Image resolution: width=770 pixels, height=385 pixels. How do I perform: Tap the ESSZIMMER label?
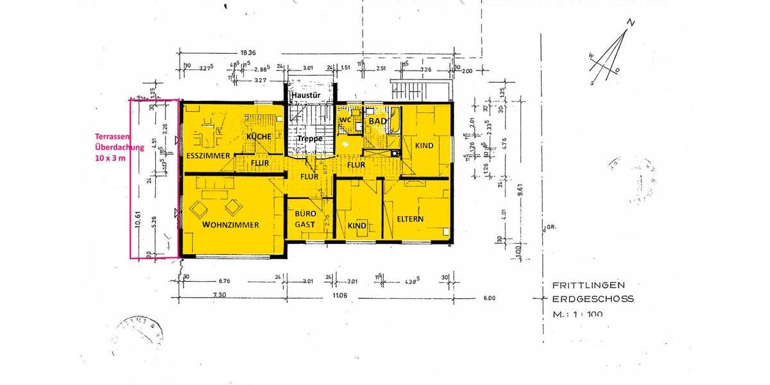point(209,156)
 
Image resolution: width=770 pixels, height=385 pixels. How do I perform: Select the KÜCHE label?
point(260,137)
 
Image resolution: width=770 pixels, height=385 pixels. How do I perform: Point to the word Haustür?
point(305,96)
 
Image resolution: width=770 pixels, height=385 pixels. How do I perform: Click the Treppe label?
point(309,138)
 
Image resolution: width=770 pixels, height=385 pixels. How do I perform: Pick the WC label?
point(345,120)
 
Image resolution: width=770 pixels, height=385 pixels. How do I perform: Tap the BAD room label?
point(375,121)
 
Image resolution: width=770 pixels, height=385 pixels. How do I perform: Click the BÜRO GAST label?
point(305,219)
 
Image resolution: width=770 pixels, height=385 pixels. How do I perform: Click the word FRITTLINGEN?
point(588,285)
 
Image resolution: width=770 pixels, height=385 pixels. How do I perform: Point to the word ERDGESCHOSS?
point(592,299)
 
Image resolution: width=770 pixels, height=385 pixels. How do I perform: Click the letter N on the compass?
point(631,23)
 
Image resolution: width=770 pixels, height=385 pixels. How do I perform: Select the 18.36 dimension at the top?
point(248,53)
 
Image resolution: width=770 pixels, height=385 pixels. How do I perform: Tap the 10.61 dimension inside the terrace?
point(138,220)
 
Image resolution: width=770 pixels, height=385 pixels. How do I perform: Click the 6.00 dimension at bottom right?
point(490,298)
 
